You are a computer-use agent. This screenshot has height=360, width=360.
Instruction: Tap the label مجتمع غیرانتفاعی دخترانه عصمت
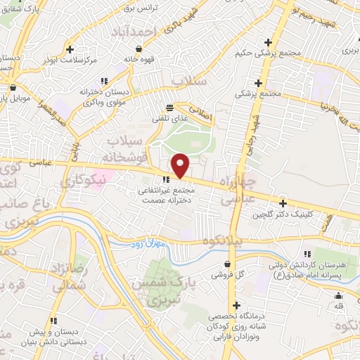click(x=167, y=195)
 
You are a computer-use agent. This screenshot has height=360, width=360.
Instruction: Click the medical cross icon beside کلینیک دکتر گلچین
click(x=283, y=202)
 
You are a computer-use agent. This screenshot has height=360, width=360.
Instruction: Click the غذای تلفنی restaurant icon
click(x=169, y=107)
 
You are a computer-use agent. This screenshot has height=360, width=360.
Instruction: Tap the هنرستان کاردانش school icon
click(x=307, y=254)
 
